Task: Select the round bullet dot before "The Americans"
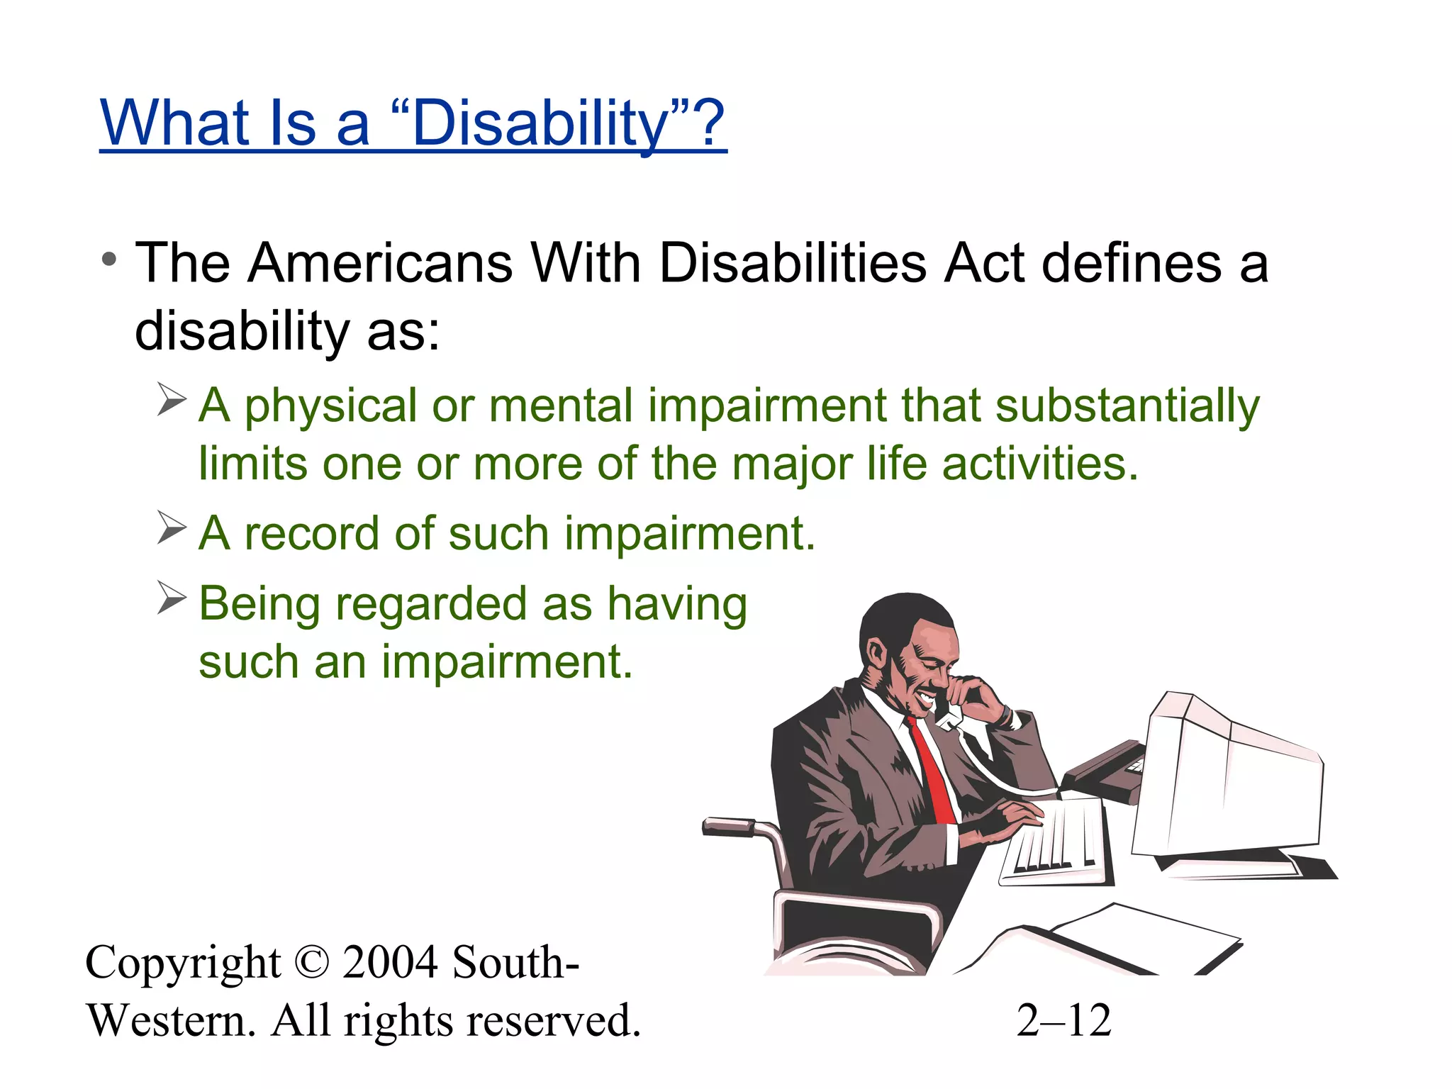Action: pos(108,260)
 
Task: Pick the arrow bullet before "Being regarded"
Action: pos(171,598)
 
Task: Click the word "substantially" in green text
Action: pos(1127,406)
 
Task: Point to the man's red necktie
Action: pos(932,773)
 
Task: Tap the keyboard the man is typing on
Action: pos(1056,844)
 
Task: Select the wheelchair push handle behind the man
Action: pos(730,827)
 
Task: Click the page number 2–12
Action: pos(1063,1021)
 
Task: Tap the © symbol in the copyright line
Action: pos(311,963)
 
